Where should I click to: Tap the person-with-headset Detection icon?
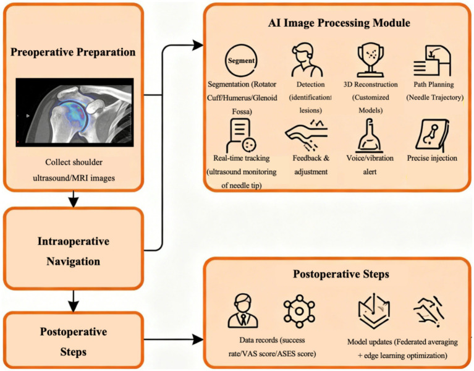pyautogui.click(x=307, y=60)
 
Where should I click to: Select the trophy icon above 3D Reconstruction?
pyautogui.click(x=370, y=59)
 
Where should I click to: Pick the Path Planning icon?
pyautogui.click(x=432, y=61)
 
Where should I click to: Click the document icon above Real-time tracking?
pyautogui.click(x=241, y=135)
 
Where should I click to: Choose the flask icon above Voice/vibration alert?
pyautogui.click(x=369, y=135)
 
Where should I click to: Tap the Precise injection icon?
pyautogui.click(x=432, y=135)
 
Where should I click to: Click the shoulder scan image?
pyautogui.click(x=75, y=113)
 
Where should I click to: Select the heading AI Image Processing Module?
pyautogui.click(x=339, y=23)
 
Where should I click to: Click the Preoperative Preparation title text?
pyautogui.click(x=73, y=52)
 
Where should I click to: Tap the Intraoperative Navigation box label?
pyautogui.click(x=73, y=251)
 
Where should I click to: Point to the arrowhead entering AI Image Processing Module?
pyautogui.click(x=198, y=46)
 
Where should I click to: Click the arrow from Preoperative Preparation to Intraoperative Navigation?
pyautogui.click(x=74, y=199)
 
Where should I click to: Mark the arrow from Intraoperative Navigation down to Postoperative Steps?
pyautogui.click(x=74, y=301)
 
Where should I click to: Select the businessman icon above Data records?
pyautogui.click(x=243, y=312)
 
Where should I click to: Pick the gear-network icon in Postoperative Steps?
pyautogui.click(x=299, y=311)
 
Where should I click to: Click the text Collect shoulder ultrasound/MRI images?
pyautogui.click(x=74, y=170)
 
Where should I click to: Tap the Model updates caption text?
pyautogui.click(x=402, y=349)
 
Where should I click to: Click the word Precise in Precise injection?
pyautogui.click(x=419, y=158)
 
